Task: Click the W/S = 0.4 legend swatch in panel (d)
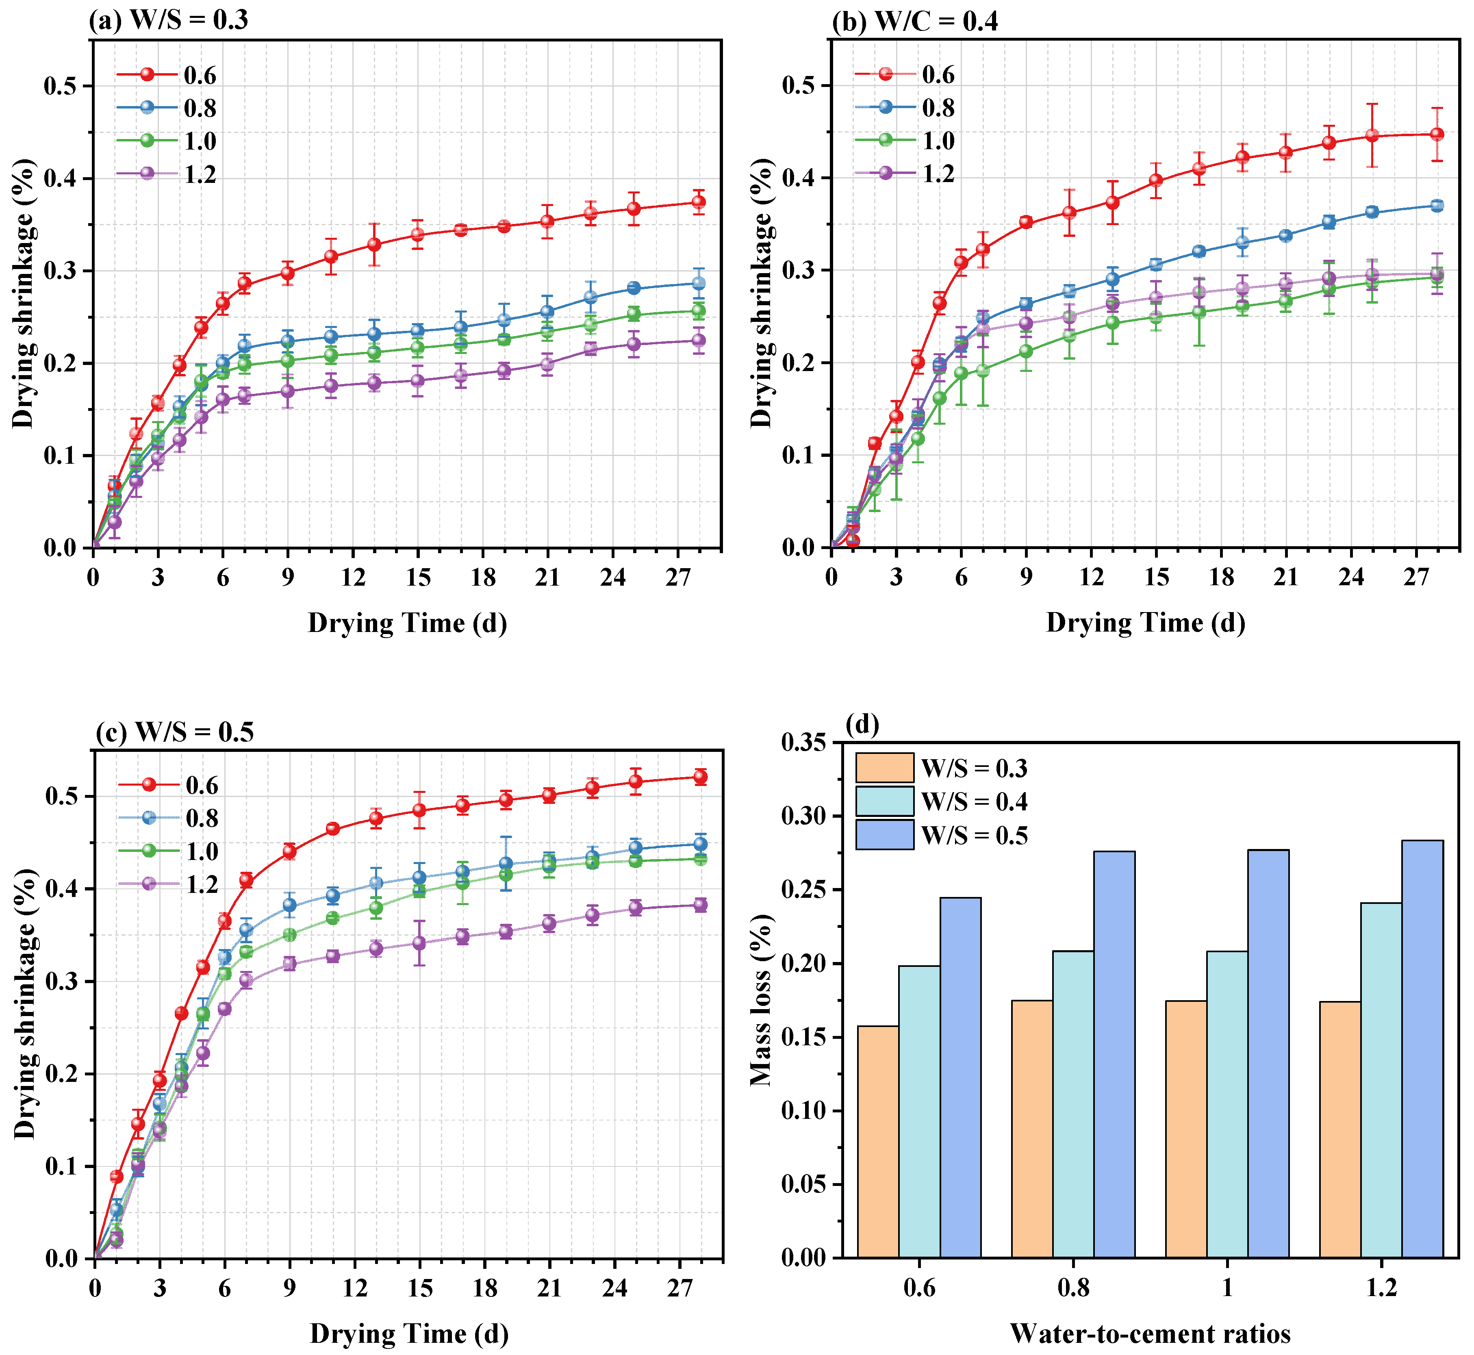pyautogui.click(x=884, y=801)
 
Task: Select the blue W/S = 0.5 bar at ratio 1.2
pyautogui.click(x=1422, y=1049)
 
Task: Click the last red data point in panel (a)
pyautogui.click(x=699, y=202)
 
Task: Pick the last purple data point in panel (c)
pyautogui.click(x=700, y=905)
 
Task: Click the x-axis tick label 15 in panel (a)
pyautogui.click(x=418, y=578)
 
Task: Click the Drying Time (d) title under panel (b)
pyautogui.click(x=1146, y=623)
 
